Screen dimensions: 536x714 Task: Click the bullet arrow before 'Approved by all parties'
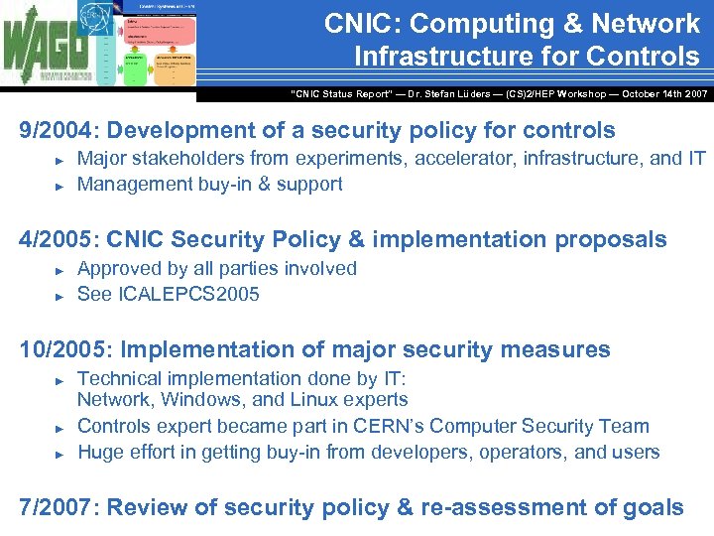tap(59, 270)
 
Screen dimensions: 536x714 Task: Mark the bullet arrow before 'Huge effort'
tap(59, 454)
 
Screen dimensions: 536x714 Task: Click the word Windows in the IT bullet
tap(197, 400)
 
